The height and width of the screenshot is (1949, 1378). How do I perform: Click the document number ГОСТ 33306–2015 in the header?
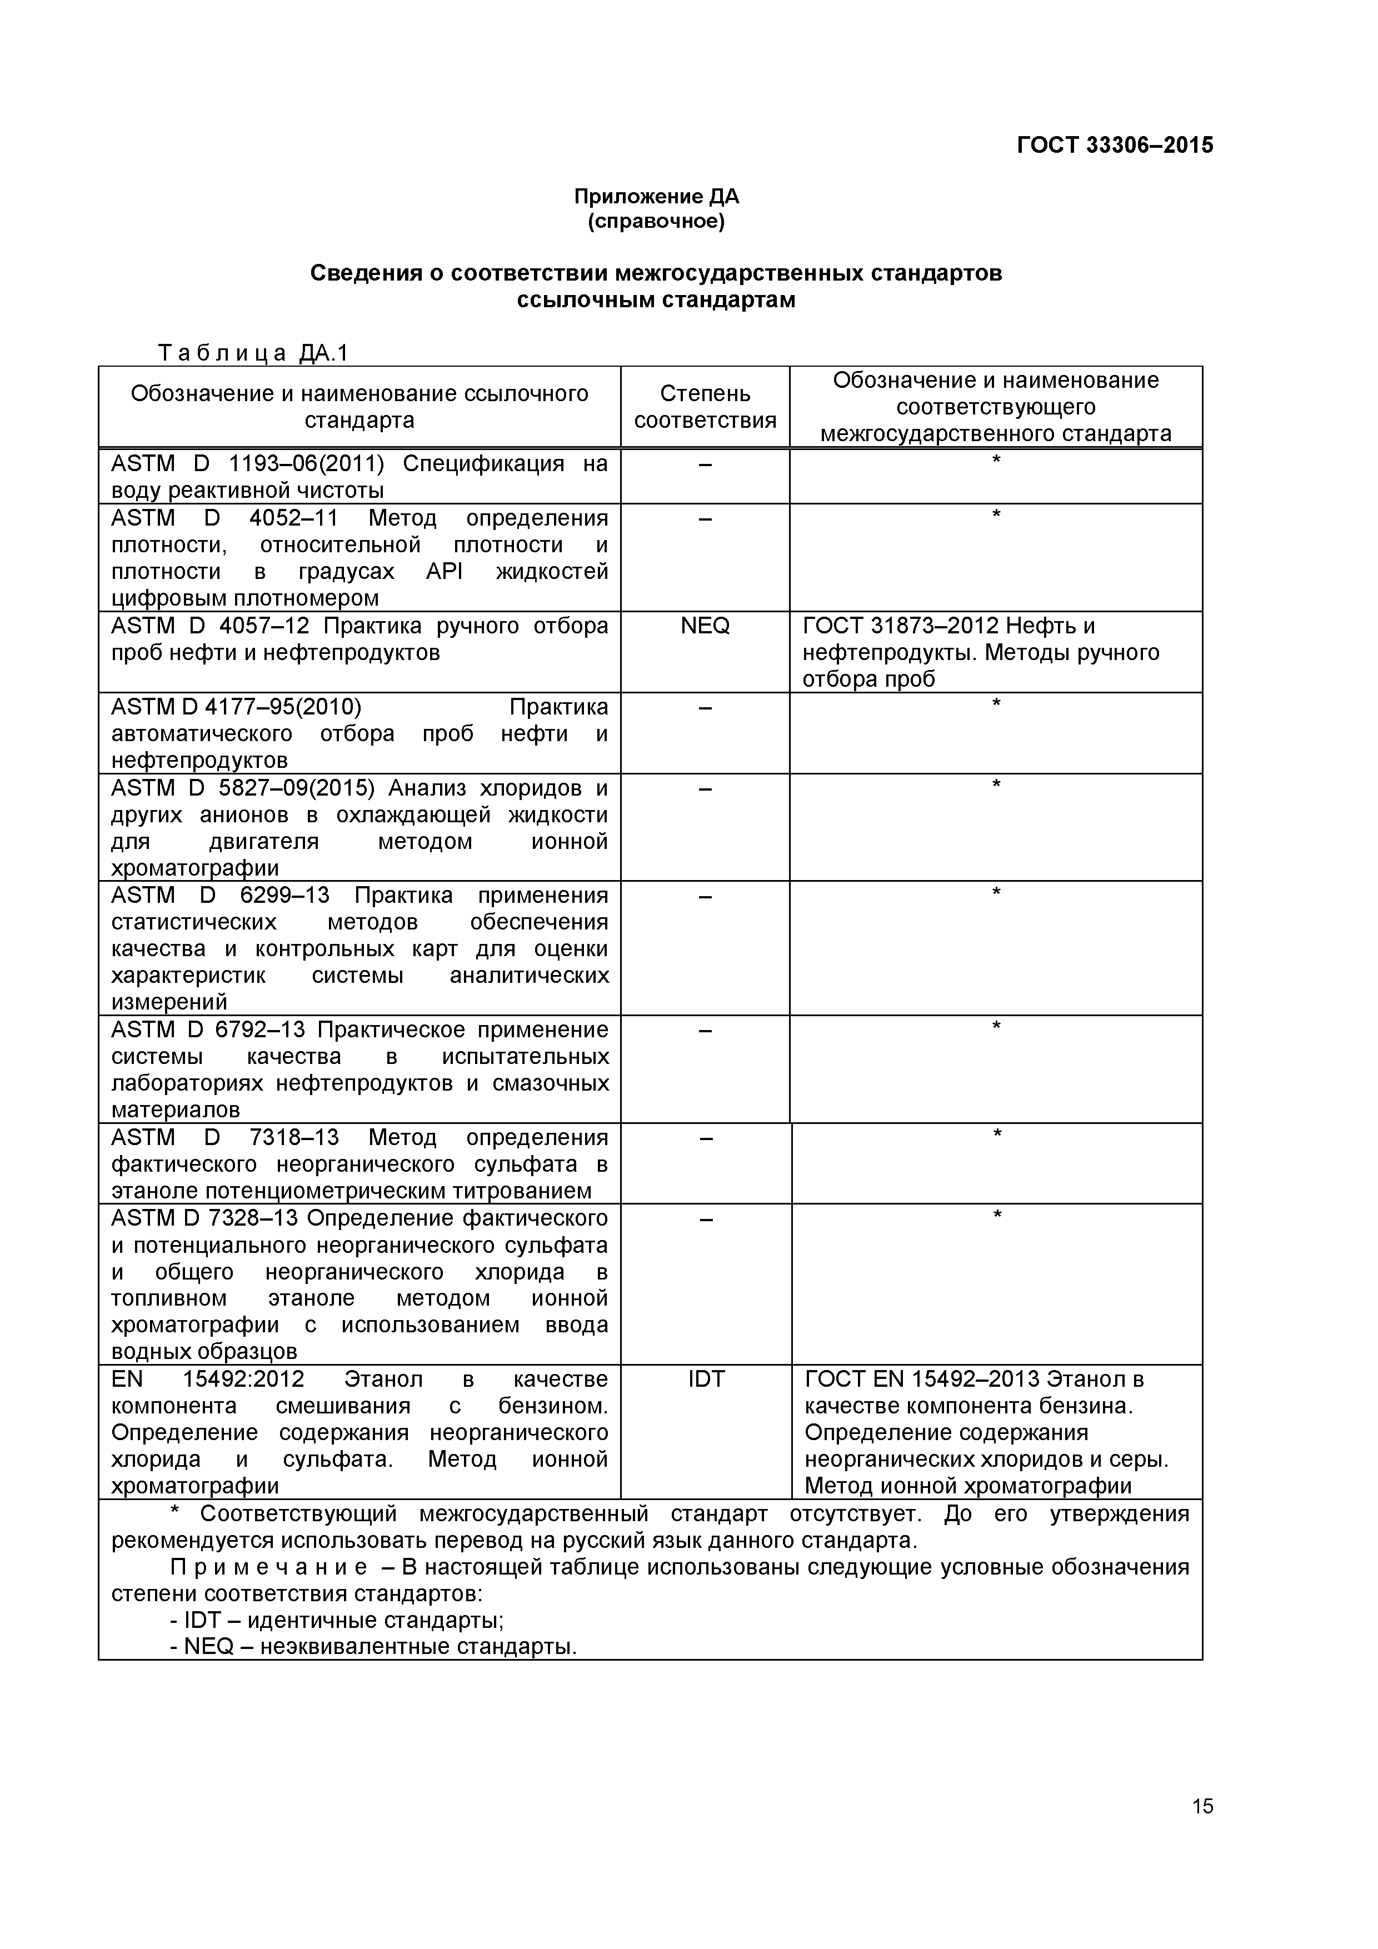[x=1114, y=145]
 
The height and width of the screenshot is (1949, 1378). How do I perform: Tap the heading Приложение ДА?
[x=656, y=197]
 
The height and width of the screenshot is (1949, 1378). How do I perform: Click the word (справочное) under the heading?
[x=656, y=222]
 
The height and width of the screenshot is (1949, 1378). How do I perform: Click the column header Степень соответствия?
[x=705, y=407]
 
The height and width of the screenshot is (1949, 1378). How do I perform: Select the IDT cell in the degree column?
[x=706, y=1380]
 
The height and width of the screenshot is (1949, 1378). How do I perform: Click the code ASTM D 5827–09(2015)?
[x=242, y=788]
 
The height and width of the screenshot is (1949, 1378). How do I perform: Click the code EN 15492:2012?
[x=207, y=1380]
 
